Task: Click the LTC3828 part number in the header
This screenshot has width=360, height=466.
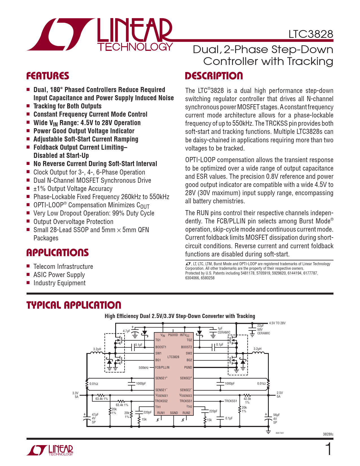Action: (311, 34)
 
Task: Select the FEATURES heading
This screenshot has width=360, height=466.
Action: (48, 76)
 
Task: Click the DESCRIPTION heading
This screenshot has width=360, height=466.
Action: (214, 76)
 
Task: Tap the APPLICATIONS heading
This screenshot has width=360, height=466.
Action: (58, 252)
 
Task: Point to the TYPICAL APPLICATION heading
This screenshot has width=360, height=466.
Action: (74, 305)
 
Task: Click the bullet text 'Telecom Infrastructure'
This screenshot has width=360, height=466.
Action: (63, 267)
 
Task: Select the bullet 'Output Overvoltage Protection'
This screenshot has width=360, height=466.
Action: (73, 222)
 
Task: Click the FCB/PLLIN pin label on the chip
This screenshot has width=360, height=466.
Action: (162, 367)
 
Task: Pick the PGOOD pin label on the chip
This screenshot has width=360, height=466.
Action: (173, 335)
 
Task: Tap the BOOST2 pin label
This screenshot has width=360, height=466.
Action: (186, 347)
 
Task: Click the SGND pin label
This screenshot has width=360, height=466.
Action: (174, 413)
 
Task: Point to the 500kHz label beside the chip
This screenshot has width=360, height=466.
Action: (143, 368)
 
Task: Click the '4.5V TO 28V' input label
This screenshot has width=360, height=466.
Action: (277, 323)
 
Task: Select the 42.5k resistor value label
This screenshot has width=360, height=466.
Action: (247, 399)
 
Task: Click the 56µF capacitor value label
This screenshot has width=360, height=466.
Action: (276, 415)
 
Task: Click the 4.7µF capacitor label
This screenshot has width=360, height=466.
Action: (126, 331)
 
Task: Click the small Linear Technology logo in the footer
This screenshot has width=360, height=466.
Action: (50, 450)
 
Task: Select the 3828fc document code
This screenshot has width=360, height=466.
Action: (328, 434)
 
